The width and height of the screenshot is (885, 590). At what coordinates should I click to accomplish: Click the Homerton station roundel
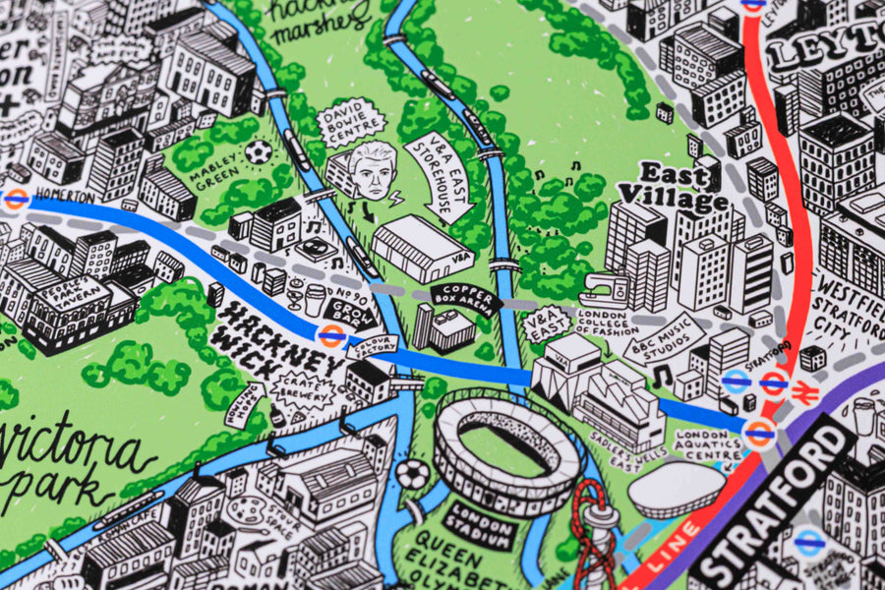[15, 199]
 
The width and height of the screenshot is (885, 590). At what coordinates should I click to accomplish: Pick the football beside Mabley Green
[258, 152]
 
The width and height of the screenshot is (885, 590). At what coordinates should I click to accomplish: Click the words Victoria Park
[74, 462]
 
